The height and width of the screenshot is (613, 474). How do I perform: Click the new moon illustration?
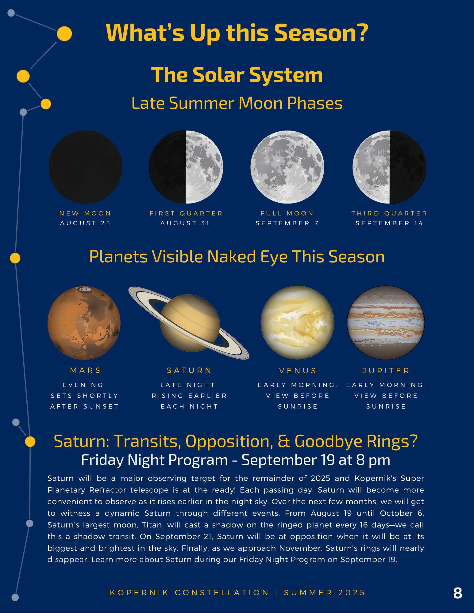point(85,167)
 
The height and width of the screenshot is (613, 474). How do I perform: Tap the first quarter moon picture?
point(186,167)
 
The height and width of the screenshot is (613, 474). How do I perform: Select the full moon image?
point(287,167)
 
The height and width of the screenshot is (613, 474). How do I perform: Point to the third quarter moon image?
point(389,167)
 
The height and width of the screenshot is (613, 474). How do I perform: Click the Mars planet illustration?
point(84,323)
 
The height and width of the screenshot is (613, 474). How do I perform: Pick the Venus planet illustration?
point(297,322)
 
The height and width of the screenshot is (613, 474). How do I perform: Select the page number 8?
point(458,593)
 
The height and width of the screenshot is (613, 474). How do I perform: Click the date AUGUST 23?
point(85,223)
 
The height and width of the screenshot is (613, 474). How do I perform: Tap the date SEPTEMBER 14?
point(389,223)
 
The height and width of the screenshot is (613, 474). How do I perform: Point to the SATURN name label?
point(189,371)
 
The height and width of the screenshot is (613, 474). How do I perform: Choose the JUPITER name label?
point(386,371)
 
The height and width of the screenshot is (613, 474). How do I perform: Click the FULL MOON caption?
point(287,213)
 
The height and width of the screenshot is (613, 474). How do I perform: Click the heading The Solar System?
point(237,75)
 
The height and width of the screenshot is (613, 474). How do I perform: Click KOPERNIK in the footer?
point(139,593)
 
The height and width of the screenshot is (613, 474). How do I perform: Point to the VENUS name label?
point(298,371)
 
